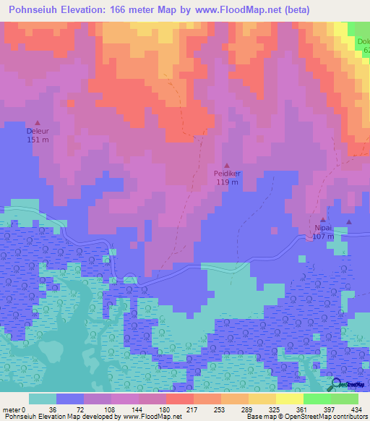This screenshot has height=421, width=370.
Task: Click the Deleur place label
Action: coord(38,132)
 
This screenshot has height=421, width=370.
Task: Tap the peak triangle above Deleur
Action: coord(38,122)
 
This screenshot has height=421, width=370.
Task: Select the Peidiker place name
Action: coord(227,174)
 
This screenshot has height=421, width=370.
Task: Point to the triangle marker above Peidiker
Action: coord(227,164)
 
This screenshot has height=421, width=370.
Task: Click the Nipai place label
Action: coord(323,228)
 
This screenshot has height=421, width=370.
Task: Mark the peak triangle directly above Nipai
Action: coord(323,219)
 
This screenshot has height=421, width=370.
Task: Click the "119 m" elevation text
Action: coord(227,182)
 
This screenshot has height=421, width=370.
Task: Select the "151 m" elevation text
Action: coord(38,140)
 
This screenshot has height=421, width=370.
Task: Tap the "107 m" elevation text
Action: coord(323,236)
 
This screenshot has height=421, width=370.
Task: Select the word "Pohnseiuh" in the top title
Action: coord(34,10)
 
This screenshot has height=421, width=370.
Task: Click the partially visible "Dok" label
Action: coord(363,41)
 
